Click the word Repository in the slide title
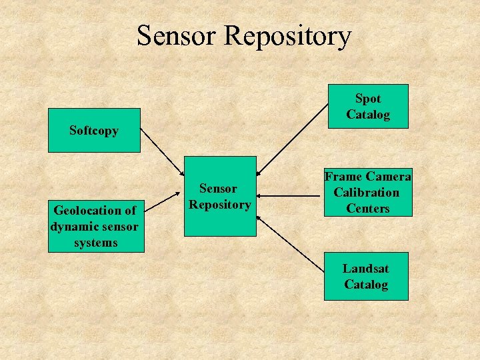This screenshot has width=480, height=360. click(288, 36)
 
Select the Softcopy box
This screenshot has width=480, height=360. click(94, 131)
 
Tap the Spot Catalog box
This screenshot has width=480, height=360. click(367, 106)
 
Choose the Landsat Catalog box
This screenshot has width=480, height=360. click(365, 277)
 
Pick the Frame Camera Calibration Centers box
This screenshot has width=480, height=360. click(367, 193)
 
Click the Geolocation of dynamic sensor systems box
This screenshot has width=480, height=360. click(95, 227)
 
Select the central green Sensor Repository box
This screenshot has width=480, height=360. click(220, 196)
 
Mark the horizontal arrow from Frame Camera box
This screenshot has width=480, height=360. click(290, 196)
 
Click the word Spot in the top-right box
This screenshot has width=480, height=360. click(367, 99)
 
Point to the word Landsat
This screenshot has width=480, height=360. click(365, 269)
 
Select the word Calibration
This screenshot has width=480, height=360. click(367, 193)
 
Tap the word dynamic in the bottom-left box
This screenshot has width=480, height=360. click(75, 227)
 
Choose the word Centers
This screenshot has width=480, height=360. click(367, 209)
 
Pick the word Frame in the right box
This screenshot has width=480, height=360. click(345, 177)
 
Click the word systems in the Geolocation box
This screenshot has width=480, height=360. click(95, 243)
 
